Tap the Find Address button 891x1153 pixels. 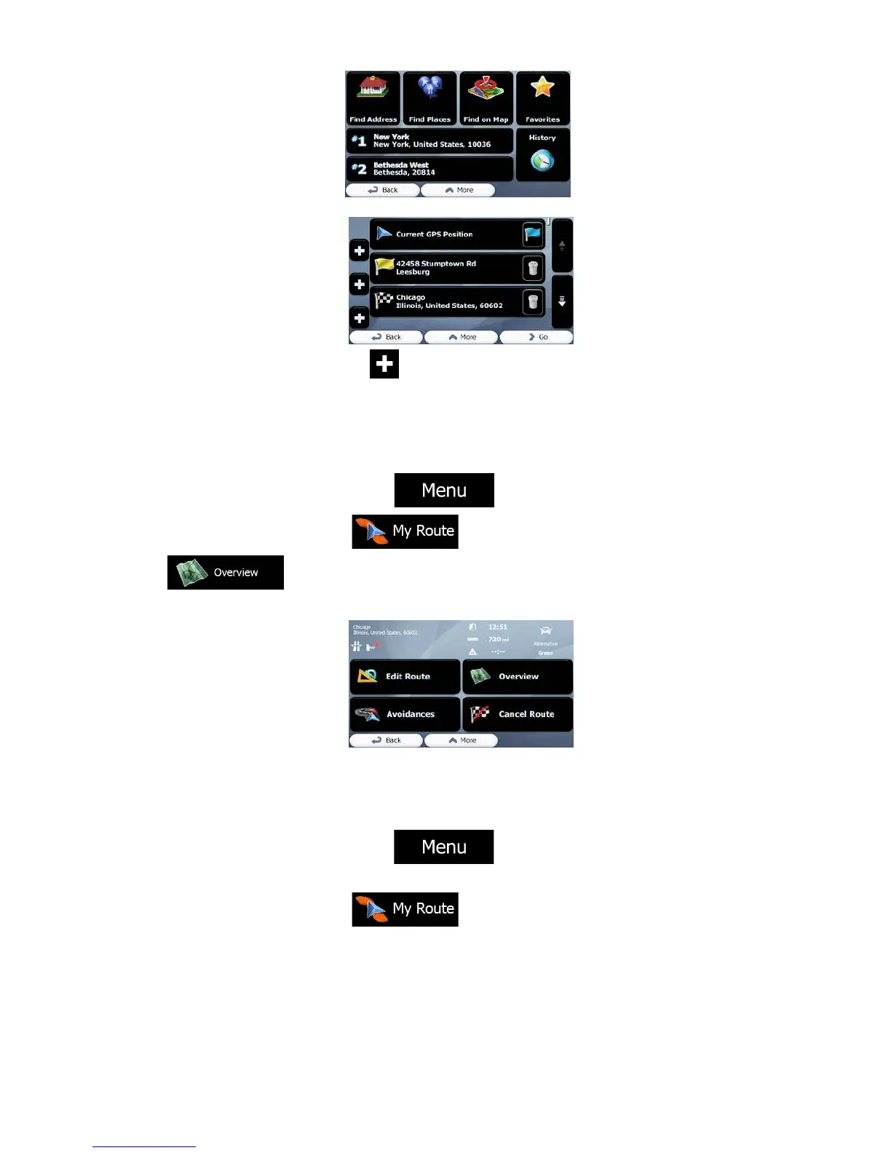(x=373, y=98)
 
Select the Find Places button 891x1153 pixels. (x=429, y=98)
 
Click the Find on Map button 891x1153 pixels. (x=486, y=98)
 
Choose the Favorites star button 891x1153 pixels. (x=542, y=98)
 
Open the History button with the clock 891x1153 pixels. (x=542, y=154)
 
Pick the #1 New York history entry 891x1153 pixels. (x=429, y=140)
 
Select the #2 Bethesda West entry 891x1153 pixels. (x=429, y=169)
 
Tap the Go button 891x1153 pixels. (x=537, y=337)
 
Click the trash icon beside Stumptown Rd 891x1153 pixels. (x=533, y=269)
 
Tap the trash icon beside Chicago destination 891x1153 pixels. (x=533, y=301)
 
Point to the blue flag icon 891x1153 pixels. (x=533, y=234)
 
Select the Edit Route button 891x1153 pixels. (x=405, y=676)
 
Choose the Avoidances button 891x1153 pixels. (x=405, y=714)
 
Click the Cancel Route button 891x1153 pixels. (x=518, y=714)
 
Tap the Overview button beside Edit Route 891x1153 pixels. (x=518, y=676)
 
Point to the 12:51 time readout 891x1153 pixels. (x=498, y=627)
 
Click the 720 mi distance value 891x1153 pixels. (x=498, y=639)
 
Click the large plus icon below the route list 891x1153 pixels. (x=384, y=364)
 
